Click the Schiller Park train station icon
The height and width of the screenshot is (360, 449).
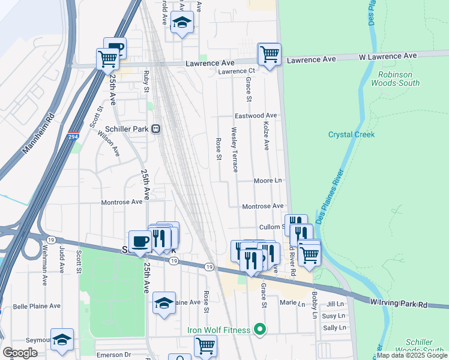155,129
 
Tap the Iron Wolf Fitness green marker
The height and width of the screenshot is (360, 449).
260,329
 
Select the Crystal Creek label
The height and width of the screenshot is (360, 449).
351,134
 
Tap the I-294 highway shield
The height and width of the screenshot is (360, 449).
73,137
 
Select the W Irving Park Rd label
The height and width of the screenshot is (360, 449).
399,302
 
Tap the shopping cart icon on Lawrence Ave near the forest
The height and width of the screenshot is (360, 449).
270,54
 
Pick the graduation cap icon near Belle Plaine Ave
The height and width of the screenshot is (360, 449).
164,303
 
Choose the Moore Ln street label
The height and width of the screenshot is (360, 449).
268,180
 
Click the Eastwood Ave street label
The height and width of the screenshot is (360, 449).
256,115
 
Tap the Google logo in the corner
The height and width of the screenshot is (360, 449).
20,352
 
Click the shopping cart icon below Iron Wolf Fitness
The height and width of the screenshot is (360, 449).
205,346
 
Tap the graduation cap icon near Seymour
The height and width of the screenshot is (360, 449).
62,340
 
